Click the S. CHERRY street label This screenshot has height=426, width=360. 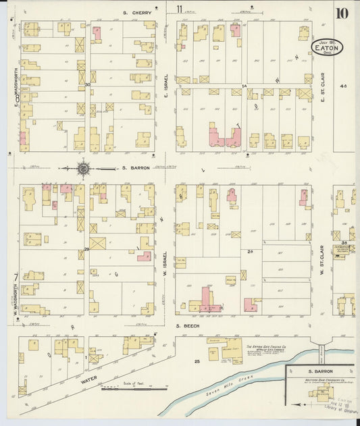click(136, 12)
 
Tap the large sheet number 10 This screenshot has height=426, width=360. click(342, 14)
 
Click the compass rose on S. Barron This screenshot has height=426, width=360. click(83, 168)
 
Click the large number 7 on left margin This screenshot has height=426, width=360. click(14, 277)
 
